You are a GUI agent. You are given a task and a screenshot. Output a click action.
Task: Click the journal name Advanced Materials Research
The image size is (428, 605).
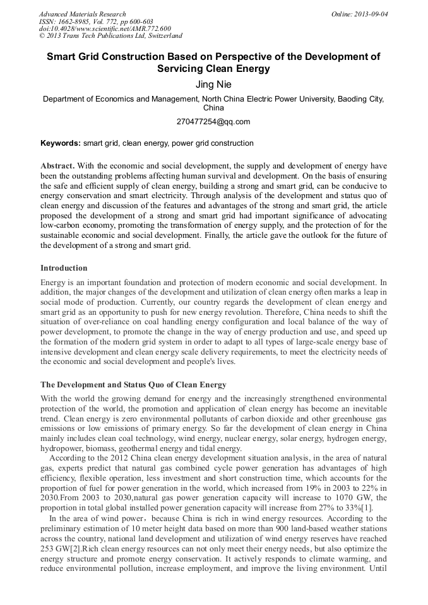(x=82, y=14)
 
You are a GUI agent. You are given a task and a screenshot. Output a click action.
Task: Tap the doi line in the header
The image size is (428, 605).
(x=105, y=28)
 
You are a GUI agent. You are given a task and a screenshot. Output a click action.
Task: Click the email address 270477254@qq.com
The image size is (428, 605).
(x=213, y=122)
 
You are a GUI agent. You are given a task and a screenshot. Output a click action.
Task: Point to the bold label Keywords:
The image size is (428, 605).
(x=61, y=143)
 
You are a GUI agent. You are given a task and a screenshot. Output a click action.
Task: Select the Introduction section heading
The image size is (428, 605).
(x=64, y=268)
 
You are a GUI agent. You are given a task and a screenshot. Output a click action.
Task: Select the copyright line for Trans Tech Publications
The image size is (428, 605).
(x=110, y=36)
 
